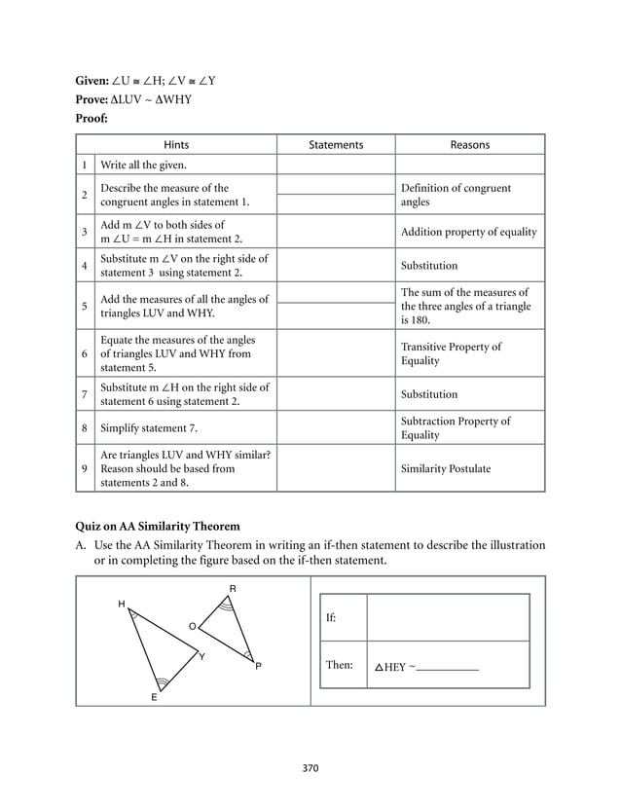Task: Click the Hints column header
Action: tap(176, 144)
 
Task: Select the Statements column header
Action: tap(335, 144)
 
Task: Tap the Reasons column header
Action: tap(469, 144)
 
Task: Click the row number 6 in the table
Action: tap(85, 353)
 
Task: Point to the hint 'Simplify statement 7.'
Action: tap(151, 427)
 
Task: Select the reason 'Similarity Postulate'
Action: tap(446, 468)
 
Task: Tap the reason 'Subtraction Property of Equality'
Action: tap(455, 427)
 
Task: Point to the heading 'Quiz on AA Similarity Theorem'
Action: tap(158, 527)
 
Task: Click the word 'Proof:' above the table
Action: tap(91, 119)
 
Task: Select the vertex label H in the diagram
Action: tap(122, 605)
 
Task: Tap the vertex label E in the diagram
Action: tap(153, 698)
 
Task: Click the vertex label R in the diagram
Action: tap(232, 589)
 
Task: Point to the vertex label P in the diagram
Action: tap(258, 667)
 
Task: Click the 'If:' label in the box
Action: tap(333, 618)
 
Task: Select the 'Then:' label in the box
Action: tap(340, 666)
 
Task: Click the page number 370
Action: tap(310, 768)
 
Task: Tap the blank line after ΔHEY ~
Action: tap(447, 668)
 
